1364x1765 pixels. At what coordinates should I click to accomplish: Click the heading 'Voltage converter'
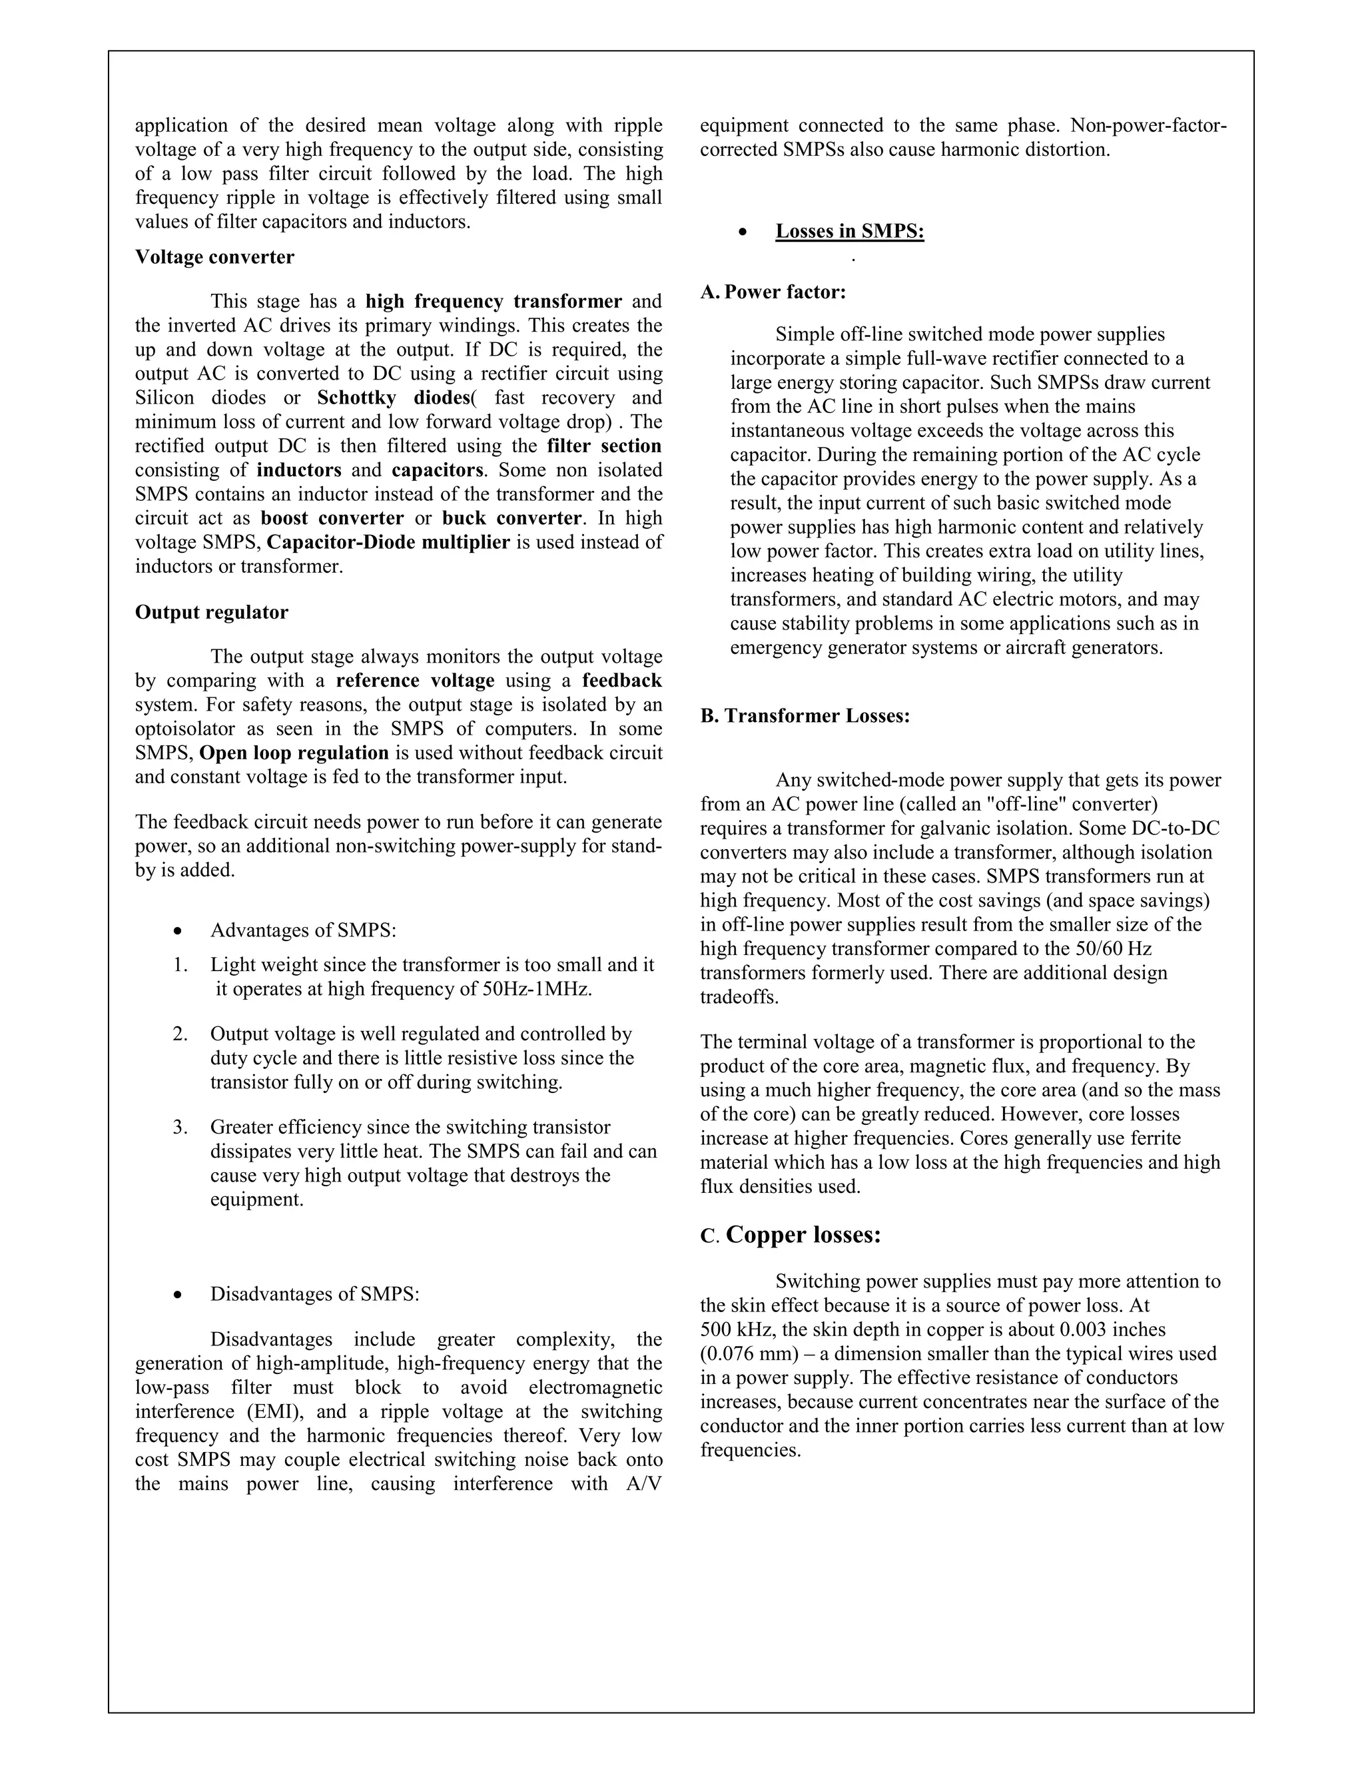tap(214, 257)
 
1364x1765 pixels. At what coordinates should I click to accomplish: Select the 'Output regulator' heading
tap(212, 612)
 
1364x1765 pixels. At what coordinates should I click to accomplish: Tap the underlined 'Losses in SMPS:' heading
tap(849, 231)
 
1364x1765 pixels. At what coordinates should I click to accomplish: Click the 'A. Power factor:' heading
tap(773, 292)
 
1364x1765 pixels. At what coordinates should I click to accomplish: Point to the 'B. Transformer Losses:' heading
tap(805, 716)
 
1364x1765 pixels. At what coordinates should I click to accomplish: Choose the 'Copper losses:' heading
tap(803, 1235)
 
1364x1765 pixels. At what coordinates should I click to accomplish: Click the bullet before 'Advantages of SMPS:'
tap(178, 931)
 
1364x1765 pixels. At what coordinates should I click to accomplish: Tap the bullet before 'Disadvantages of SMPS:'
tap(178, 1295)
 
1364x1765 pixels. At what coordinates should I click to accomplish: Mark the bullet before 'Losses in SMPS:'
tap(743, 232)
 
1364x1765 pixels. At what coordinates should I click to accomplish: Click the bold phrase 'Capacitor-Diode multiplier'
tap(388, 541)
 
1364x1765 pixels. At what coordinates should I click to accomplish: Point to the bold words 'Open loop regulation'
tap(294, 753)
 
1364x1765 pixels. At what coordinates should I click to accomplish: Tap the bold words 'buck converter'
tap(511, 518)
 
